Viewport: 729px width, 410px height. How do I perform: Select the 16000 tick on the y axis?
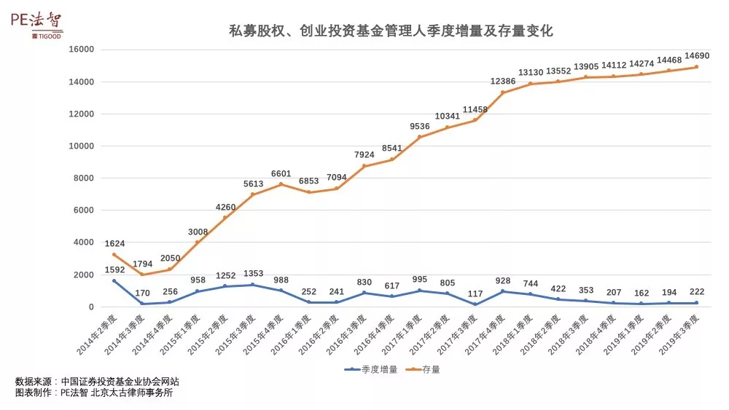tap(82, 50)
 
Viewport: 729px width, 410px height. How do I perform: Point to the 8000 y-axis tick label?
tap(85, 178)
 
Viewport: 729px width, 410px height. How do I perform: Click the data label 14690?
tap(695, 55)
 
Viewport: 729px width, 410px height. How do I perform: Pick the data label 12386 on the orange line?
tap(503, 81)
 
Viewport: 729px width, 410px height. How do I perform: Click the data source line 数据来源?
tap(97, 381)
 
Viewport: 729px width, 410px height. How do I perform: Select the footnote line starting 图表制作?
tap(94, 393)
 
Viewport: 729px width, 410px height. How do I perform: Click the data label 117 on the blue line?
tap(475, 294)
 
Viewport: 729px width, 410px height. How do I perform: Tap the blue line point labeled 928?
tap(502, 291)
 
